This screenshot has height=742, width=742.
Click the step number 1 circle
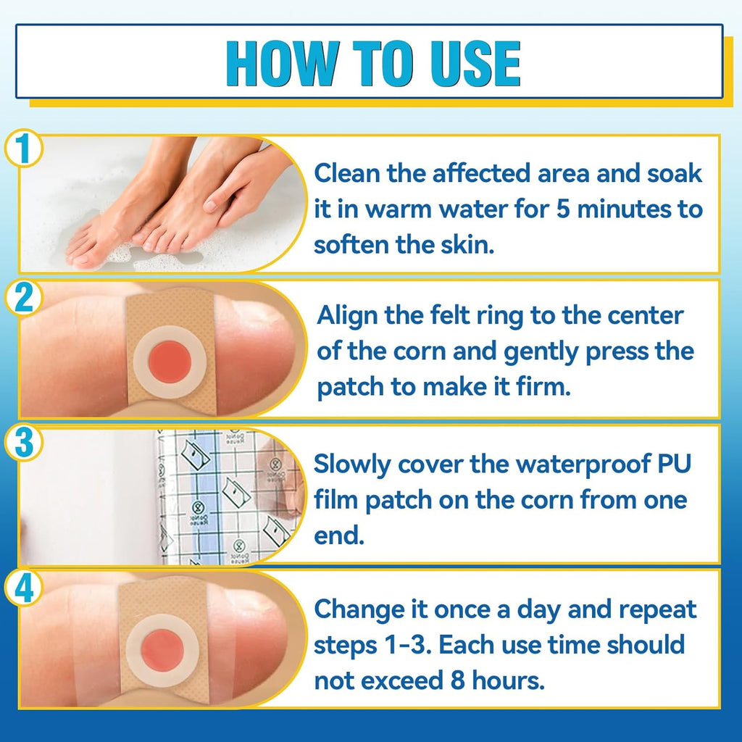(x=24, y=151)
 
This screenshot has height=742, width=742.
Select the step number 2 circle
(x=24, y=298)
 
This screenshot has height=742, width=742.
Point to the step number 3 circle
(x=24, y=443)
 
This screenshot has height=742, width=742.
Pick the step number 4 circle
(x=24, y=590)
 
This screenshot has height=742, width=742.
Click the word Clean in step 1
(x=345, y=175)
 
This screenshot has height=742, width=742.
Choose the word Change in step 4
(x=354, y=609)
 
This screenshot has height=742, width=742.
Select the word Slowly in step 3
(x=351, y=464)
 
